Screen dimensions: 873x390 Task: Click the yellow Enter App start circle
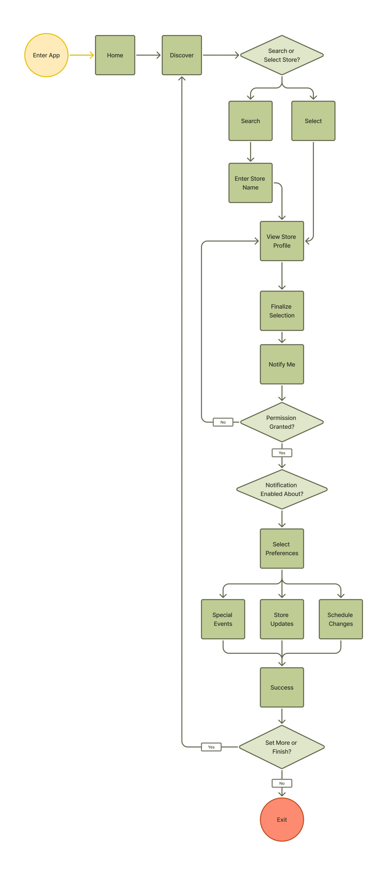point(46,55)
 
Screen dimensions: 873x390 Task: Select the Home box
point(115,55)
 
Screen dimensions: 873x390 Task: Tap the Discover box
point(182,55)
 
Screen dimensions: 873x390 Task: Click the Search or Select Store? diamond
point(282,55)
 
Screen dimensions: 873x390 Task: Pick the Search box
point(250,121)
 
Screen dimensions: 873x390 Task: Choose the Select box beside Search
point(313,121)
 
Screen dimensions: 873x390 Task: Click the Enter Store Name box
point(250,183)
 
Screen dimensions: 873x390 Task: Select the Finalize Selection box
point(282,311)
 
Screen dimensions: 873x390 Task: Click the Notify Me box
point(282,364)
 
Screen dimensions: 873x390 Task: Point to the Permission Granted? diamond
point(282,422)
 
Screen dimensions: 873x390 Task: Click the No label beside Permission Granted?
point(223,422)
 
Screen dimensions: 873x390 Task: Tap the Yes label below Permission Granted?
point(282,453)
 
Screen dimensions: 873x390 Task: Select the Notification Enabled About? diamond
point(282,489)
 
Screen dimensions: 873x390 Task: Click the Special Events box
point(223,619)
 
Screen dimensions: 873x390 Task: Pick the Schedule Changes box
point(340,619)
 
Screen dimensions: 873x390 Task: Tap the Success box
point(282,687)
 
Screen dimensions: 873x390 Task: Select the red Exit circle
point(282,819)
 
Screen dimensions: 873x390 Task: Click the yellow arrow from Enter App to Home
point(81,55)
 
